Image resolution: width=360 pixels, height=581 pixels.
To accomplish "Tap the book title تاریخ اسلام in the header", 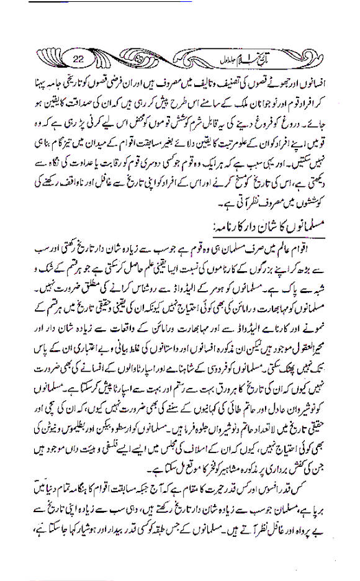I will tap(273, 60).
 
